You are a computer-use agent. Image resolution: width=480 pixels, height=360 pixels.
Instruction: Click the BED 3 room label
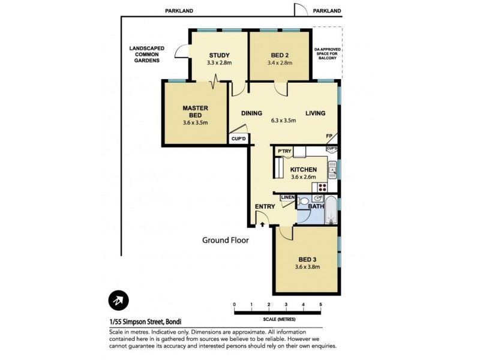(x=307, y=260)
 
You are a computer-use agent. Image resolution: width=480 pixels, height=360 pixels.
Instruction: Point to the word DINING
(x=252, y=113)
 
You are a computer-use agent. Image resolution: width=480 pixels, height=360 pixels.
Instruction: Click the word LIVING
(x=315, y=113)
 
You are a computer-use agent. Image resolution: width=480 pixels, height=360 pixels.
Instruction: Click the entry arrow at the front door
(x=263, y=224)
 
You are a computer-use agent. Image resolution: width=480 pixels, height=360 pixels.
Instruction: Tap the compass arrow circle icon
(x=119, y=301)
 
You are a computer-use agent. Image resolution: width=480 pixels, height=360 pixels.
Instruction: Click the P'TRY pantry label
(x=284, y=151)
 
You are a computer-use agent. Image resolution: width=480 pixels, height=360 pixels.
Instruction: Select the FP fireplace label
(x=328, y=137)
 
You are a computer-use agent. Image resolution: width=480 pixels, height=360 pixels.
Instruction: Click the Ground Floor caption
(x=225, y=240)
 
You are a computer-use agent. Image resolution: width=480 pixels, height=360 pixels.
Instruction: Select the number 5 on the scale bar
(x=321, y=305)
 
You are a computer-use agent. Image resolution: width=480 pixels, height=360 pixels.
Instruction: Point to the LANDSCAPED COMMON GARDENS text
(x=144, y=55)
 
